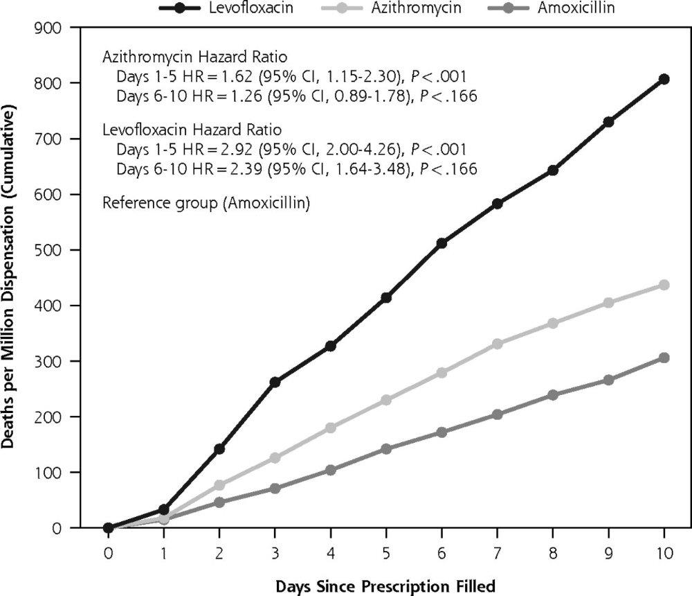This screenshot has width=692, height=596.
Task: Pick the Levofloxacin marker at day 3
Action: (x=275, y=382)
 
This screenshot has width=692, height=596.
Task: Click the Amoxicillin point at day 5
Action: (x=386, y=449)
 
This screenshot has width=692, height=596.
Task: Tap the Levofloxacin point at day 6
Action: (x=441, y=243)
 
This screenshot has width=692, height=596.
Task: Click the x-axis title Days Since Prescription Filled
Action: (x=385, y=587)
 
